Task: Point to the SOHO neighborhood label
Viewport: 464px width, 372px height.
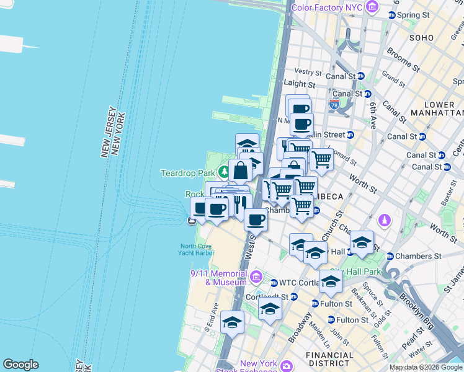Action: (422, 38)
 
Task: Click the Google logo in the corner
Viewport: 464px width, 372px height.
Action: (20, 365)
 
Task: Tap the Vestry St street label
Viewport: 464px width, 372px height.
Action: (309, 72)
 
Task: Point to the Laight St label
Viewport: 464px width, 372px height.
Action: (300, 84)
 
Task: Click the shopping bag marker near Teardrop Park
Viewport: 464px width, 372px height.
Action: (240, 170)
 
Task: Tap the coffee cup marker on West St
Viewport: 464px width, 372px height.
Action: (256, 219)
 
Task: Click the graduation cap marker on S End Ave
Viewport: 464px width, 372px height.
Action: (232, 322)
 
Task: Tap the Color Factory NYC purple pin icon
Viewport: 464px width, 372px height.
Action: (372, 7)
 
